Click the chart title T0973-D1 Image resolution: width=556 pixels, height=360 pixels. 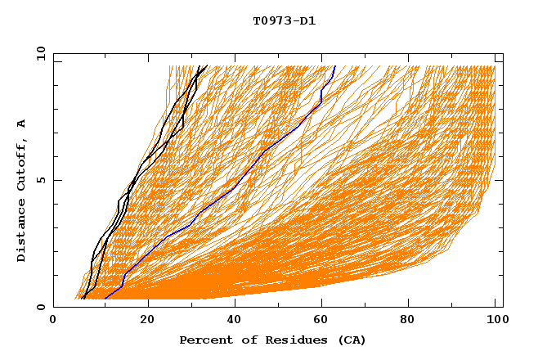(x=284, y=20)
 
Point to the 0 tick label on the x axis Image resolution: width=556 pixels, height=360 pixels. (x=53, y=322)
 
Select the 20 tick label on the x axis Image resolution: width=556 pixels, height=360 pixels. (x=147, y=322)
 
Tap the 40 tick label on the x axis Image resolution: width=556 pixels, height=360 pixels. (x=235, y=322)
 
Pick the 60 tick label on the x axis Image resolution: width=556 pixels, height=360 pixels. (x=323, y=322)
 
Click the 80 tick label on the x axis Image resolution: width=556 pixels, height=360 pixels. (x=411, y=322)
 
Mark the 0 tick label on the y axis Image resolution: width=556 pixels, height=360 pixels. (x=39, y=307)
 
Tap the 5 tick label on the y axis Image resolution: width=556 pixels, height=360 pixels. (x=39, y=180)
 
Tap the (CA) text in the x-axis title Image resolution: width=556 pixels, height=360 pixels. (x=350, y=340)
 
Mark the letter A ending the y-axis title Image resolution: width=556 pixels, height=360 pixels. (x=22, y=124)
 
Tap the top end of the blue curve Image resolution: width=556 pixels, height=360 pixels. (x=335, y=65)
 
